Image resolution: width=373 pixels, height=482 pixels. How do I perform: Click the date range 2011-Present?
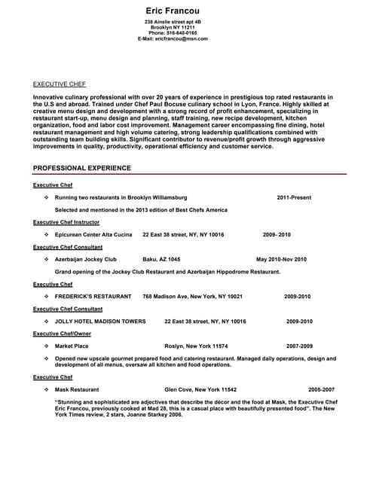click(x=294, y=197)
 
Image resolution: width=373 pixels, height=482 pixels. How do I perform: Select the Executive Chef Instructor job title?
click(x=66, y=222)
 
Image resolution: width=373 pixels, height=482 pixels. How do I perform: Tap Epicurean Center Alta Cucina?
click(x=93, y=234)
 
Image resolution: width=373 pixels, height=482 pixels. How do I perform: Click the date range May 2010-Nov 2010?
click(x=282, y=259)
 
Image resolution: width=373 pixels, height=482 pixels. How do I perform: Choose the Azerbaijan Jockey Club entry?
click(x=86, y=259)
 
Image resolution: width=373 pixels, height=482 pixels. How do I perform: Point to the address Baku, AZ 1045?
click(x=161, y=259)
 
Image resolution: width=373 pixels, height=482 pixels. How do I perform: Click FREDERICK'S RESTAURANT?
click(x=93, y=296)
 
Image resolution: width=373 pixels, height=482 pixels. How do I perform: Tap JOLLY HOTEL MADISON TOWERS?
click(x=100, y=321)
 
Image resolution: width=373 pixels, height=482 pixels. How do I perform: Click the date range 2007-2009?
click(x=299, y=346)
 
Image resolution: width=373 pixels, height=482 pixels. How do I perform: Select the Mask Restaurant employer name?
click(x=77, y=389)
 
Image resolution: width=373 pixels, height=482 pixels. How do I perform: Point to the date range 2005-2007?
click(x=322, y=389)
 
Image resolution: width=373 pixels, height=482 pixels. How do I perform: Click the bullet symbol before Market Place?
click(x=46, y=346)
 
